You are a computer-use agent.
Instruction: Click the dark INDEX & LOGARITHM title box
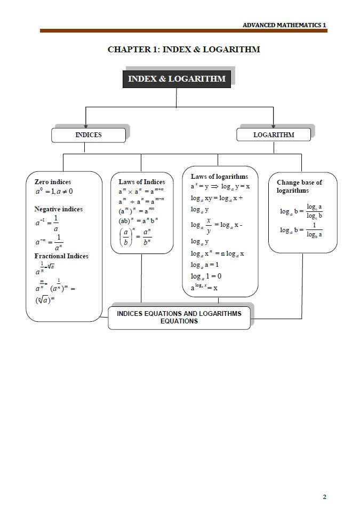click(x=177, y=79)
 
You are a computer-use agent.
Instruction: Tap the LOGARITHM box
click(x=273, y=135)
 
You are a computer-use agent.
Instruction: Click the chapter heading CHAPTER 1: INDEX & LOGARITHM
click(x=183, y=50)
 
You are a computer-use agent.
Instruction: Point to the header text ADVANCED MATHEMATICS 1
click(x=284, y=25)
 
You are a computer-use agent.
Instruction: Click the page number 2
click(x=324, y=497)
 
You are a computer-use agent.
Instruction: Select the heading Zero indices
click(x=53, y=182)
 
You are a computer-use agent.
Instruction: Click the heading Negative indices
click(x=59, y=209)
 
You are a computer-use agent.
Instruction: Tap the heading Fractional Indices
click(x=61, y=256)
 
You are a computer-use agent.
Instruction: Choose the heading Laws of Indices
click(x=142, y=182)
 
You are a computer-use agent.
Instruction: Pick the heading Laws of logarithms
click(x=219, y=177)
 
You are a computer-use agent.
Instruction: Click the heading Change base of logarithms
click(x=299, y=186)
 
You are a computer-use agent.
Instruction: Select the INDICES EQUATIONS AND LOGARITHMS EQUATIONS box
click(x=179, y=317)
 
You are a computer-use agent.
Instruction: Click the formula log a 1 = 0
click(x=206, y=276)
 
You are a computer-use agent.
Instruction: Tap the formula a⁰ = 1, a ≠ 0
click(x=53, y=192)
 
